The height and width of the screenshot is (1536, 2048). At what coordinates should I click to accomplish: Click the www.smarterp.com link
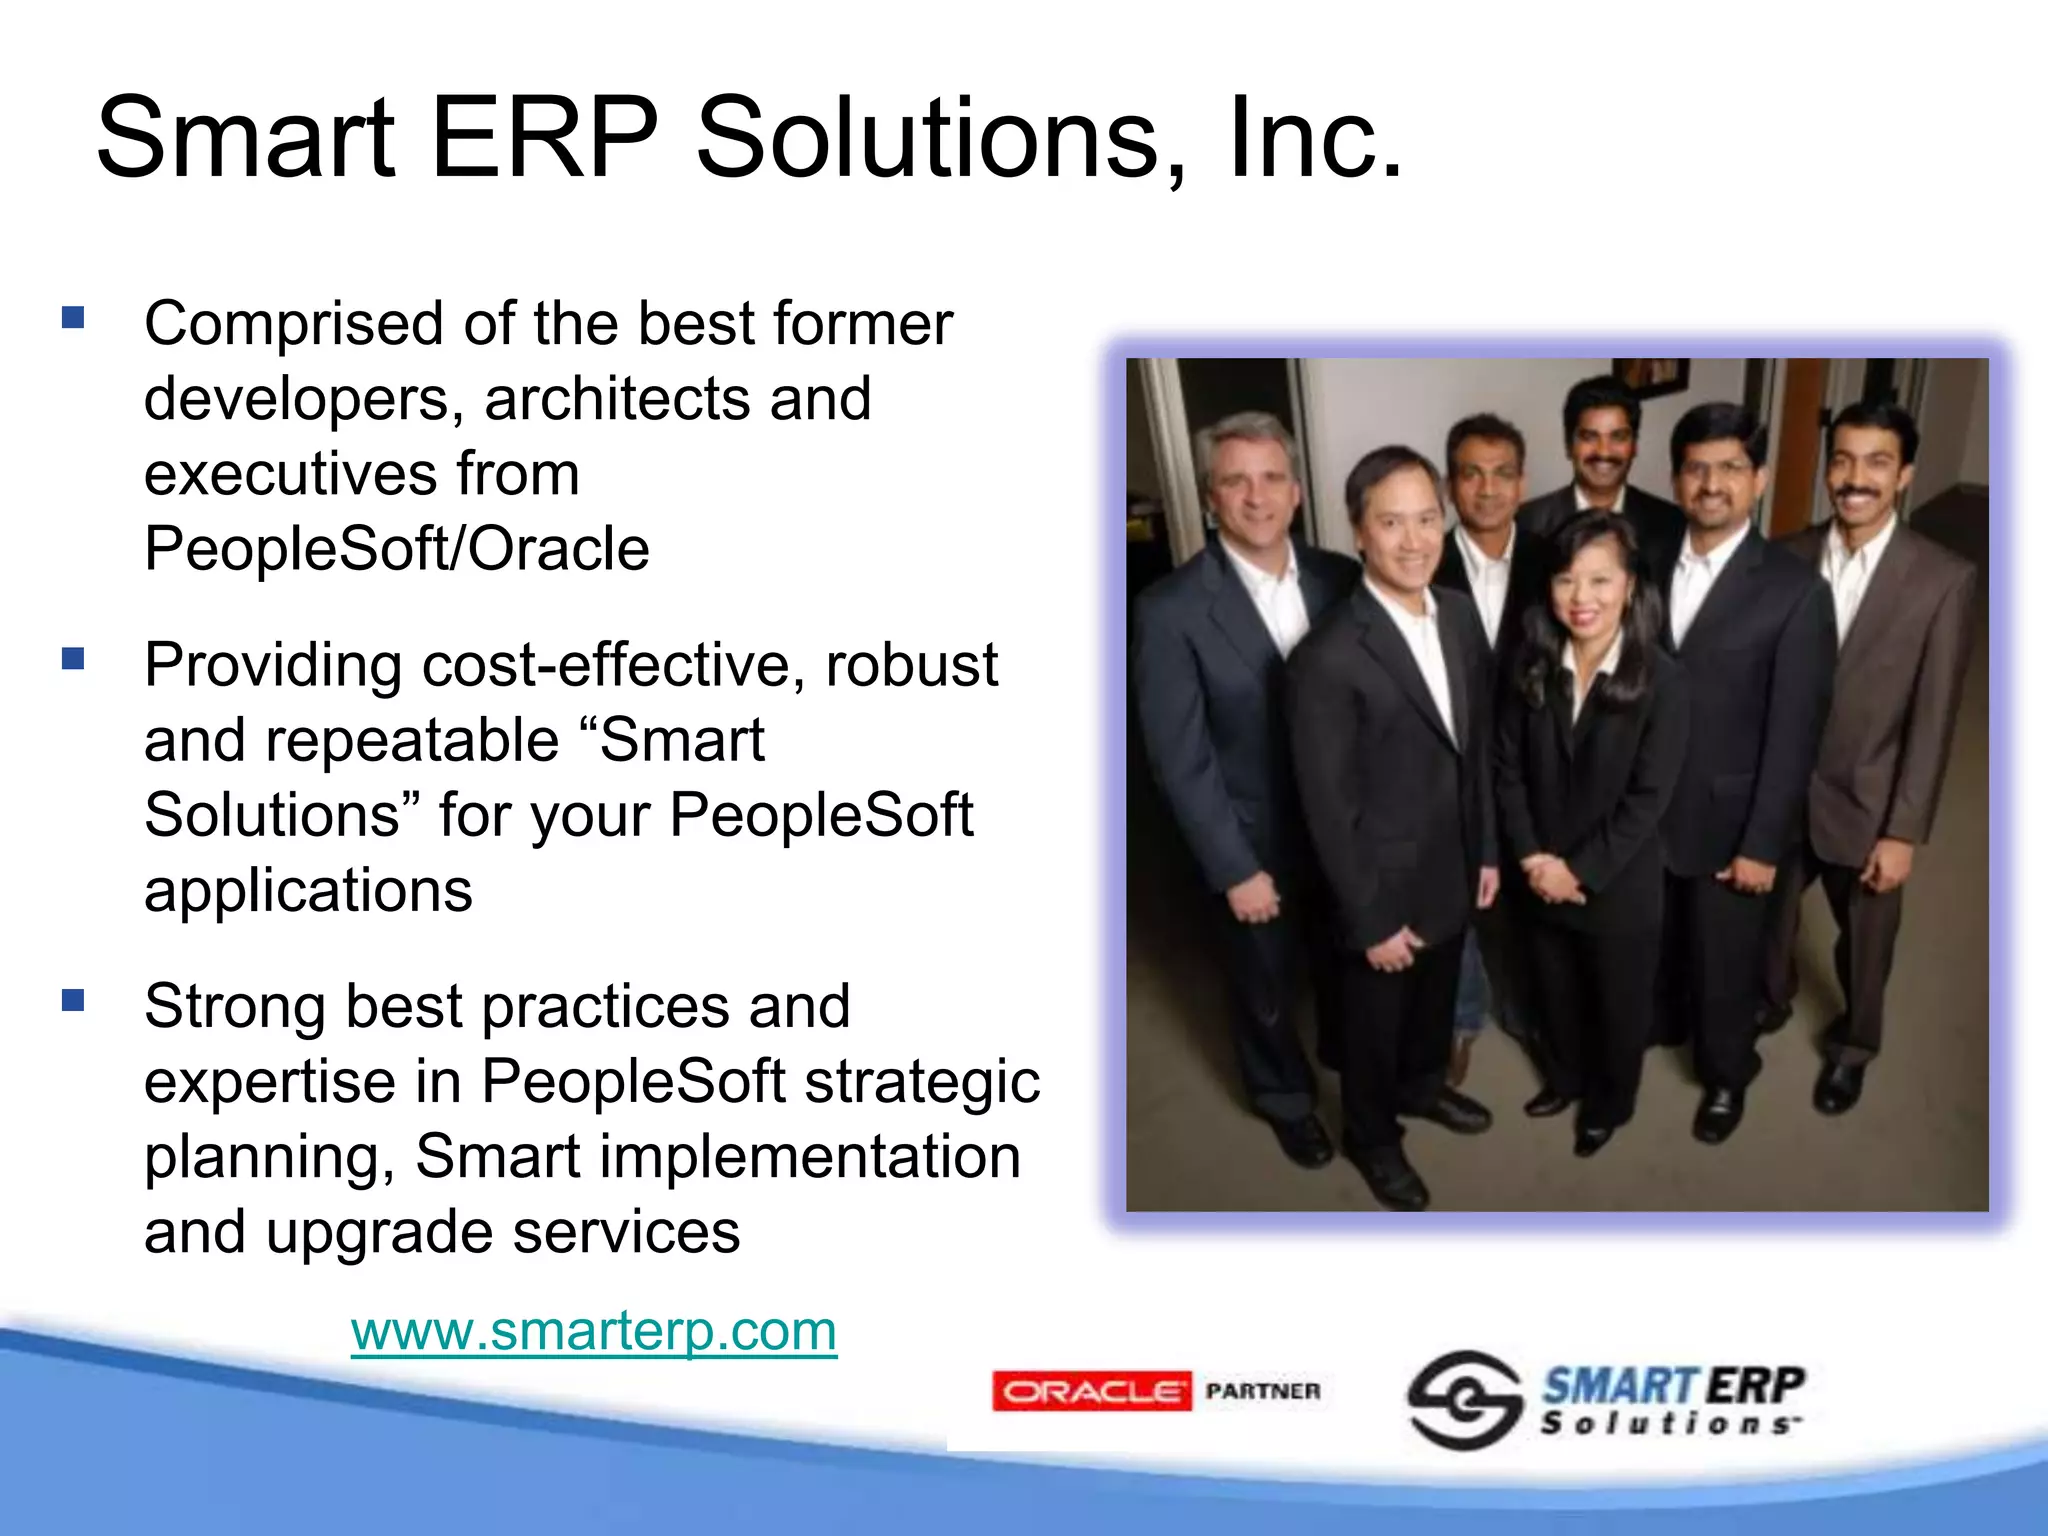(x=593, y=1331)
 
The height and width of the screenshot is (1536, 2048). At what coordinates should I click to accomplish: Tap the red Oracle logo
(x=1091, y=1391)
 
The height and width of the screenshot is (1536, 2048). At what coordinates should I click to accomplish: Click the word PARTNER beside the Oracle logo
(x=1263, y=1391)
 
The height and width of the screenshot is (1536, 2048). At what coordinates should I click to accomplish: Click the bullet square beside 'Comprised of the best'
(x=73, y=318)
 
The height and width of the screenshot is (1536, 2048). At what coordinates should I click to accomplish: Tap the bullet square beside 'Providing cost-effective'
(x=73, y=659)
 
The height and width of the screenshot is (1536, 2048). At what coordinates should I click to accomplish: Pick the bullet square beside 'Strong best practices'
(x=73, y=1000)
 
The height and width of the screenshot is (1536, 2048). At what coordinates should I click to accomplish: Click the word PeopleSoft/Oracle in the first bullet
(x=397, y=549)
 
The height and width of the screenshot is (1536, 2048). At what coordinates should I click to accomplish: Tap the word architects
(x=618, y=399)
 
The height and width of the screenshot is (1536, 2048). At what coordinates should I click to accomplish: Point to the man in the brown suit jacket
(x=1880, y=700)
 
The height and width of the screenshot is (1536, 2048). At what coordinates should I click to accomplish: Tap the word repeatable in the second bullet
(x=412, y=741)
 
